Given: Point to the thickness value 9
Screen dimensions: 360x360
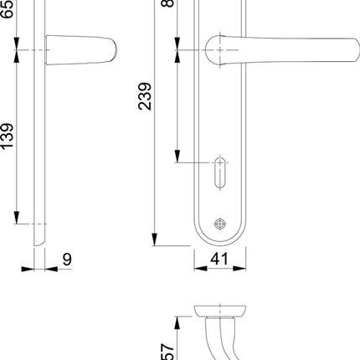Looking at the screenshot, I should (66, 260).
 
